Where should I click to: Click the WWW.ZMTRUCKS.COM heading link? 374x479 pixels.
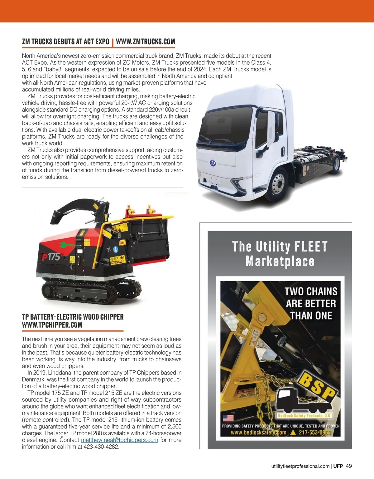(145, 42)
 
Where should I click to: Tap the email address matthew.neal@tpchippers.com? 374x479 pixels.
(119, 440)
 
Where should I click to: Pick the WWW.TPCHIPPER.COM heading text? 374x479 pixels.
(52, 325)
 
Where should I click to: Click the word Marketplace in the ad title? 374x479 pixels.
(280, 261)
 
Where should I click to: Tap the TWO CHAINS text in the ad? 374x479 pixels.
(311, 291)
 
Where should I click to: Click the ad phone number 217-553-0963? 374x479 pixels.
(314, 433)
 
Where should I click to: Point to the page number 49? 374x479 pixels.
(349, 466)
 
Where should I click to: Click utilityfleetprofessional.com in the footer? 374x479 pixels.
(300, 466)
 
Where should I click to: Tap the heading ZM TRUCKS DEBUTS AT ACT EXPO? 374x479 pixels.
(65, 42)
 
